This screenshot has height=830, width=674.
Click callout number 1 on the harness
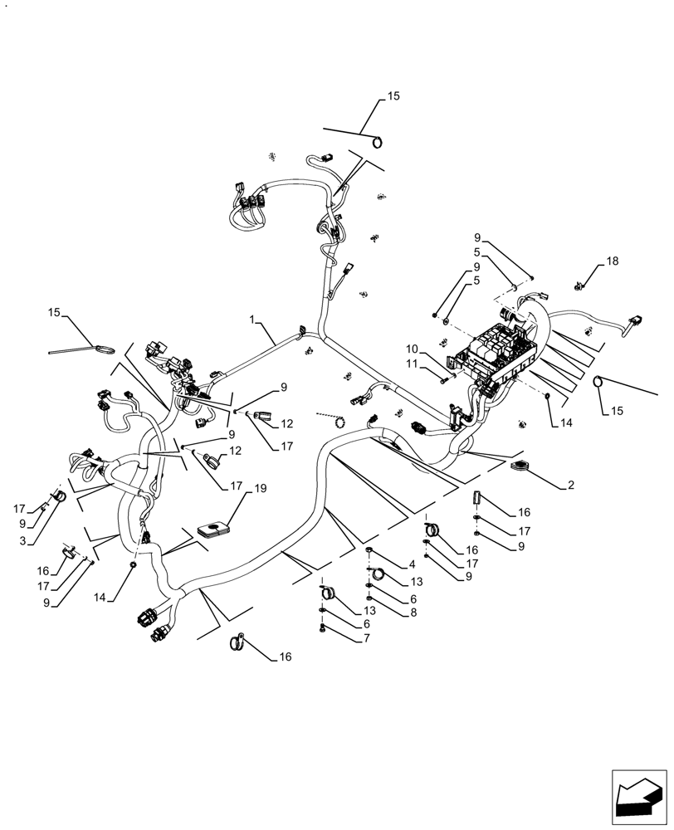coord(252,319)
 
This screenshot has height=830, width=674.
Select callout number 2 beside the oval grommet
coord(572,484)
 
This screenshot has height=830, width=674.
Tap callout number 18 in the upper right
coord(612,261)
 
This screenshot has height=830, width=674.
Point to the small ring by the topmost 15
coord(378,141)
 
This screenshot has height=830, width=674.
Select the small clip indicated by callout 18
coord(580,286)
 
